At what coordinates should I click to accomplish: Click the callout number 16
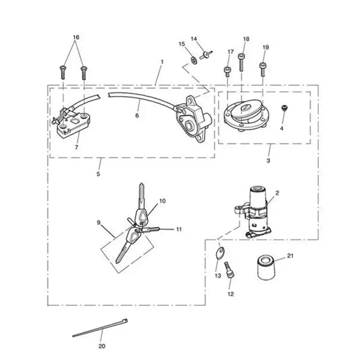[x=76, y=37]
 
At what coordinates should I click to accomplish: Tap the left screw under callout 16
[x=63, y=72]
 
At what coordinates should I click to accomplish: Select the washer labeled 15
[x=194, y=61]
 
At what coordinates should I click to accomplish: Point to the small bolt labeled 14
[x=206, y=55]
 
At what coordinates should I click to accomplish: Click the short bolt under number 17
[x=228, y=72]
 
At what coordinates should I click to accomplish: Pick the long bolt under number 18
[x=241, y=62]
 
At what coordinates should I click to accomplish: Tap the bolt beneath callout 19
[x=263, y=69]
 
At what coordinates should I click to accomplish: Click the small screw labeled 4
[x=285, y=108]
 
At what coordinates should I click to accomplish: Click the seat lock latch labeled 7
[x=71, y=124]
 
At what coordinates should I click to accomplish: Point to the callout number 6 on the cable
[x=137, y=115]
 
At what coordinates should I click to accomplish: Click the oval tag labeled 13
[x=220, y=253]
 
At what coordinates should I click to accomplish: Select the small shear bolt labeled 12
[x=229, y=270]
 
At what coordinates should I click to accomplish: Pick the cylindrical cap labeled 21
[x=266, y=267]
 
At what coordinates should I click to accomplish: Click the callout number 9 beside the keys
[x=99, y=223]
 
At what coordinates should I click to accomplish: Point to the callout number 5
[x=98, y=174]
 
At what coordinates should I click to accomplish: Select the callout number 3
[x=268, y=161]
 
